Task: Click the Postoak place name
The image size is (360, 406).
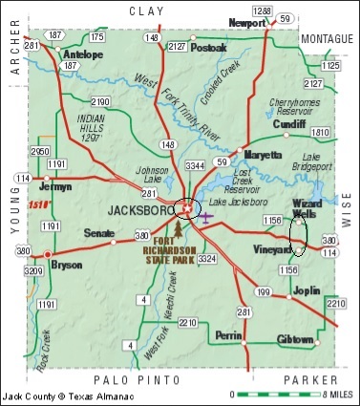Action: [209, 47]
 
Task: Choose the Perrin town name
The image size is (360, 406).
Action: [227, 336]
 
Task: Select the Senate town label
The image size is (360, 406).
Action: [100, 232]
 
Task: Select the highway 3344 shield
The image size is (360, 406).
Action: [193, 167]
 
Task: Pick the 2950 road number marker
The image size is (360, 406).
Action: [39, 153]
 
